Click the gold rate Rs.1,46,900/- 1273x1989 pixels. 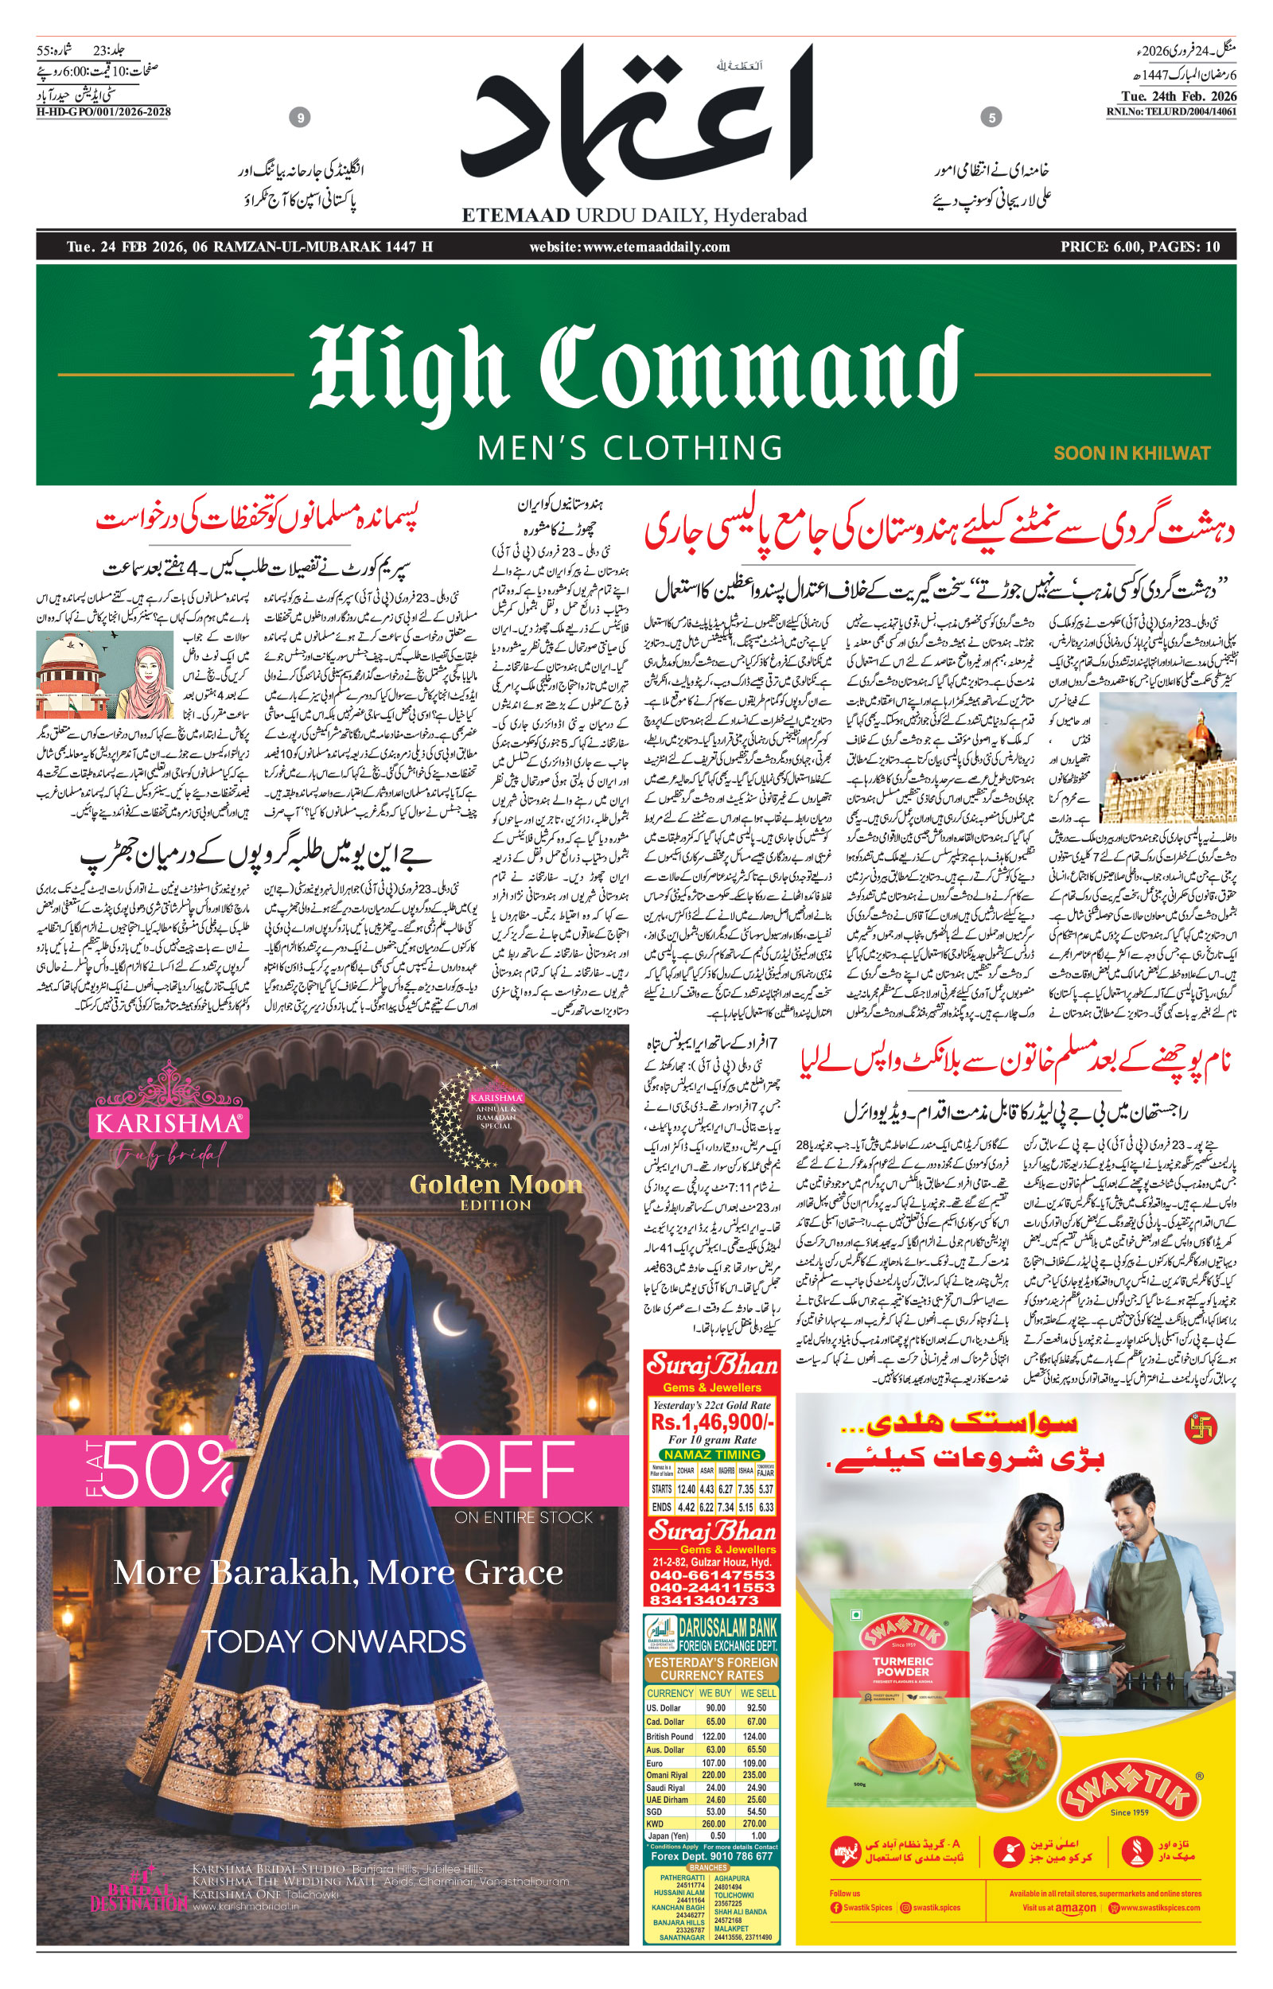pos(712,1421)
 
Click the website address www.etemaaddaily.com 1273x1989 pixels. pos(629,247)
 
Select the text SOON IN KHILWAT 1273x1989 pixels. pos(1131,453)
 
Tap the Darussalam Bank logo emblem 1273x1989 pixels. pos(660,1635)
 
